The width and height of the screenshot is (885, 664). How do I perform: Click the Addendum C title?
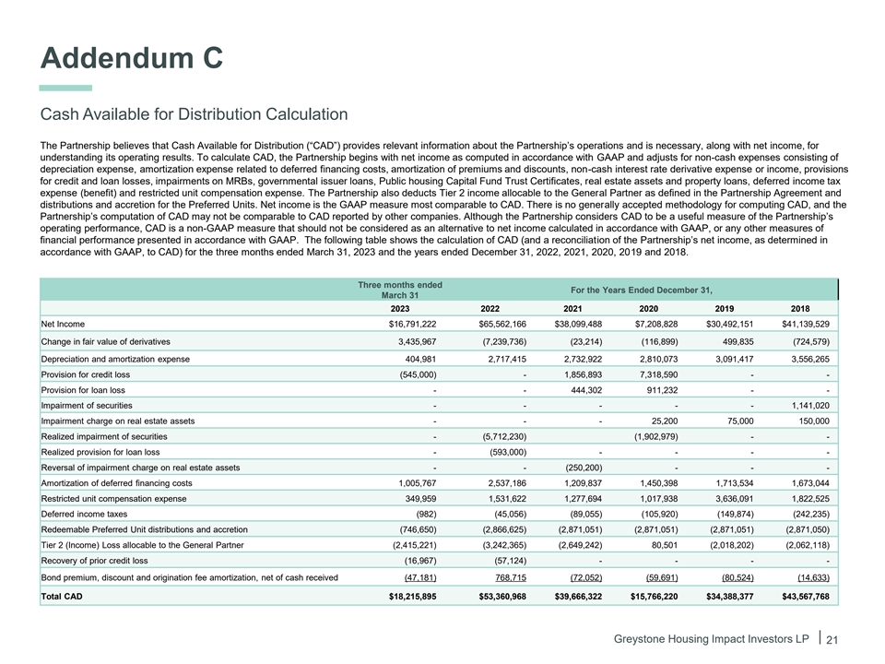point(131,57)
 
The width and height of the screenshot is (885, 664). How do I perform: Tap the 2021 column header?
point(584,307)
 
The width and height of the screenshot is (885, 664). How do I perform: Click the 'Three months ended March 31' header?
point(399,290)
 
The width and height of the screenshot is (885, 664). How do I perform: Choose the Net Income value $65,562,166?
point(502,325)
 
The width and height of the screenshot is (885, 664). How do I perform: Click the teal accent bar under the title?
point(65,88)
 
